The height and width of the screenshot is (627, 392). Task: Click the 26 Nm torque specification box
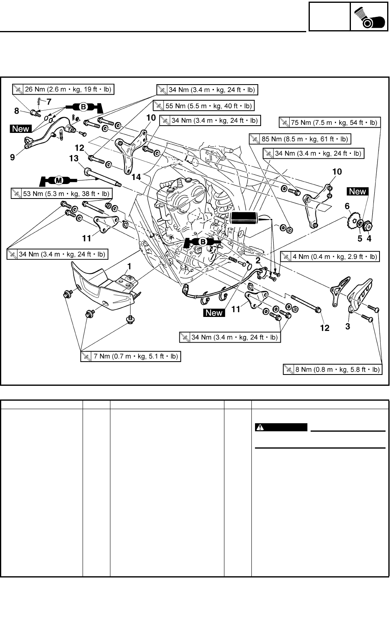63,89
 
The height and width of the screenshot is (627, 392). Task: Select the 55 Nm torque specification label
203,106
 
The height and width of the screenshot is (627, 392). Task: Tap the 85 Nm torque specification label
300,139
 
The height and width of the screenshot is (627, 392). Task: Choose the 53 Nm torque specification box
61,194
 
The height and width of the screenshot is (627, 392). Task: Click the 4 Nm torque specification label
330,257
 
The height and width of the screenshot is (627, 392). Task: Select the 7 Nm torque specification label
130,356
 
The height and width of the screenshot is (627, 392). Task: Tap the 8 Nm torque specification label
332,369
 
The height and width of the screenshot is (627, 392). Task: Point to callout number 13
74,159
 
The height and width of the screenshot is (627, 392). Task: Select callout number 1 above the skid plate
129,266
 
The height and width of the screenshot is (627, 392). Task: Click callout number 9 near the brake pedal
12,157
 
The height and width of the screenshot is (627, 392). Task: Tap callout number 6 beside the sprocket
347,206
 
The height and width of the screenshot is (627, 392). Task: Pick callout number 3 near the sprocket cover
348,327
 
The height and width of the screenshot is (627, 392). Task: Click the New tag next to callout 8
21,129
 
